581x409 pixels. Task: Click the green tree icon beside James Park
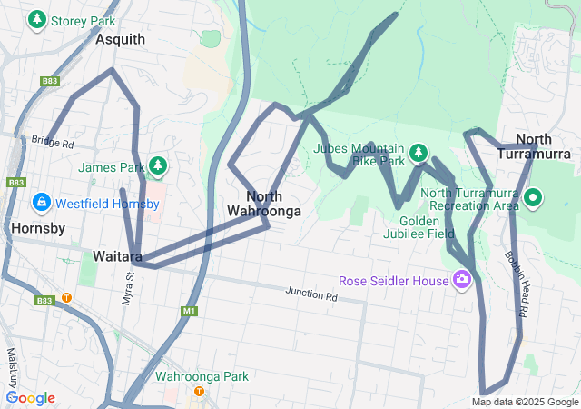(x=158, y=165)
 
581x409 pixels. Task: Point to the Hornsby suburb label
(x=39, y=228)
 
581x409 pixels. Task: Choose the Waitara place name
(x=116, y=256)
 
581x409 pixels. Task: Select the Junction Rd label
(x=310, y=294)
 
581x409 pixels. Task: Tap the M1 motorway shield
(x=189, y=312)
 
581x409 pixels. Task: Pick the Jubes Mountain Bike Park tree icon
(x=418, y=152)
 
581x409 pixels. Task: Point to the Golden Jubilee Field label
(x=427, y=227)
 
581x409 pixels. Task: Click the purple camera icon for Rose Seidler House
(x=462, y=279)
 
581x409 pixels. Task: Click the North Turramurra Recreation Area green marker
(x=534, y=196)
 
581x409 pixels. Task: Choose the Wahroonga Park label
(x=202, y=376)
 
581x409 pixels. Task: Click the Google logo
(x=30, y=398)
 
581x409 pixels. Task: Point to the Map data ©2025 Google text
(x=525, y=402)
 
